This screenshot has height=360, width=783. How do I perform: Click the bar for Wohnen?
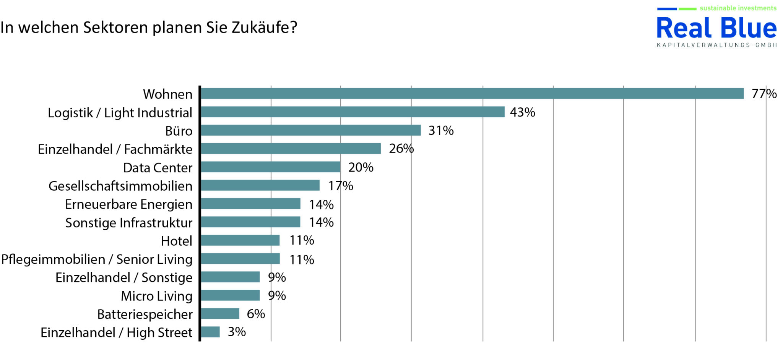pos(472,94)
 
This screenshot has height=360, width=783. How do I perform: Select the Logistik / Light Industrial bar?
pos(353,112)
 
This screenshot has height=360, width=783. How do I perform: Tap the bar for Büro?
pos(310,130)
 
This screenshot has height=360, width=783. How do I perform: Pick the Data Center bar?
pos(270,167)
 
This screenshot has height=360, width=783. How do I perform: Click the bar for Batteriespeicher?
pos(220,314)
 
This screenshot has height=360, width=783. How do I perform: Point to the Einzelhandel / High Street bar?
pos(210,332)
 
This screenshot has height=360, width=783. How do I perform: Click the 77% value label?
pos(764,94)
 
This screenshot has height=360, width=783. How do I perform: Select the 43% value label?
pos(522,112)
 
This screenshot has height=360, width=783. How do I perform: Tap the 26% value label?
pos(401,148)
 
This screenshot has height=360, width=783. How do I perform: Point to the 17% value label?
pos(340,186)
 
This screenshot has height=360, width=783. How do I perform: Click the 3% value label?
pos(237,332)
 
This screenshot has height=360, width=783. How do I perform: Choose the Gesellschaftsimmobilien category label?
pos(120,186)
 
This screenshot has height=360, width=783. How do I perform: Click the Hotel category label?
pos(176,241)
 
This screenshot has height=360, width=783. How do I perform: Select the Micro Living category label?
pos(156,296)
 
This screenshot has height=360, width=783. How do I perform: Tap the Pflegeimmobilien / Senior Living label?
pos(97,259)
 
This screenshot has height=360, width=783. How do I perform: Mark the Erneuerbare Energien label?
pos(128,204)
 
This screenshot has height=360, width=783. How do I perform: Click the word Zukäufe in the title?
pos(264,28)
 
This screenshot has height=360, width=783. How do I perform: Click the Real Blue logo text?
pos(716,28)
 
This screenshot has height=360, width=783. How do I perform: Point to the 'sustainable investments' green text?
pos(738,8)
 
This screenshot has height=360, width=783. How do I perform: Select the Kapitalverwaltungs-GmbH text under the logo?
pos(716,45)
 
